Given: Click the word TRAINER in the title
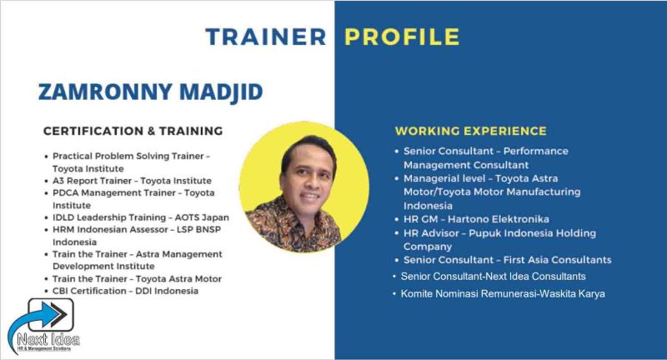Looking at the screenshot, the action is pyautogui.click(x=266, y=37).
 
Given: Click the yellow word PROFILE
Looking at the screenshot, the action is pyautogui.click(x=402, y=37).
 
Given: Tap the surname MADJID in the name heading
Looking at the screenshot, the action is pyautogui.click(x=221, y=92).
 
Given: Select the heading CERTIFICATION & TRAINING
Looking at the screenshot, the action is pyautogui.click(x=133, y=131).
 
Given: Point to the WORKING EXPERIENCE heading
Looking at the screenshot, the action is pyautogui.click(x=471, y=131).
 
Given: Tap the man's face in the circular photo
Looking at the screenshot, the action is pyautogui.click(x=307, y=178).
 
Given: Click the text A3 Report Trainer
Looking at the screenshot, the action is pyautogui.click(x=92, y=181).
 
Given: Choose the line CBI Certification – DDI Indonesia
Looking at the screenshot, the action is pyautogui.click(x=126, y=291).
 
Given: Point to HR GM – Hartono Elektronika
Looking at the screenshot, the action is pyautogui.click(x=476, y=219).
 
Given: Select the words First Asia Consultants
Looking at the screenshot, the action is pyautogui.click(x=557, y=260).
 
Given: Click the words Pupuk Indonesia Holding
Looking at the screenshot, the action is pyautogui.click(x=532, y=232).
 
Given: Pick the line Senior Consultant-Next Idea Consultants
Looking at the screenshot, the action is pyautogui.click(x=494, y=277).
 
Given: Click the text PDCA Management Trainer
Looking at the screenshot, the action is pyautogui.click(x=114, y=193).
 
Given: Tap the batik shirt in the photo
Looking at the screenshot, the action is pyautogui.click(x=293, y=225).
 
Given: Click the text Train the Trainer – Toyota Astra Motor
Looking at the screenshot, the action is pyautogui.click(x=137, y=279).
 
